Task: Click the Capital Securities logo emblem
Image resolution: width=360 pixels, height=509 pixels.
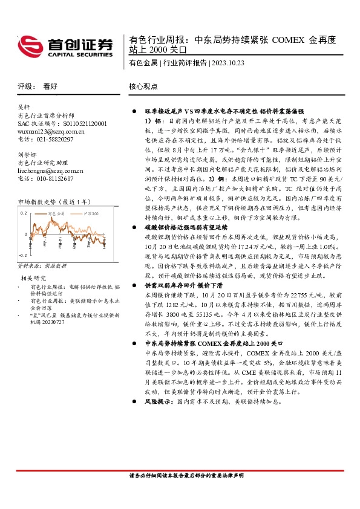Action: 31,46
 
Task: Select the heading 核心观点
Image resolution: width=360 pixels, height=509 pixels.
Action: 143,86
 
